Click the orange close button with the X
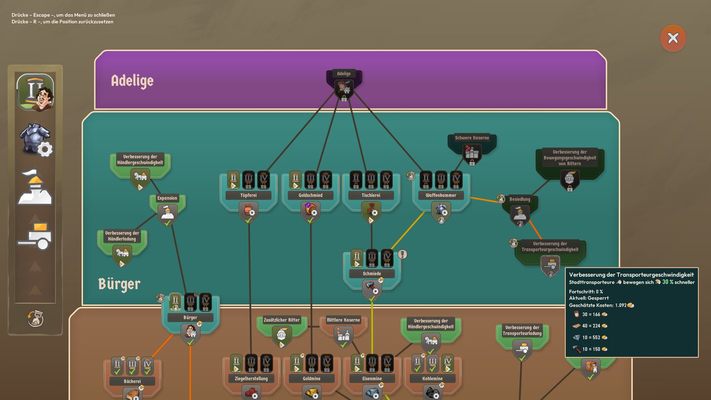[x=673, y=38]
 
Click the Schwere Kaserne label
[x=472, y=138]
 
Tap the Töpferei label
[x=248, y=195]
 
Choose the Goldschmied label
[x=311, y=195]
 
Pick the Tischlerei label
[x=371, y=195]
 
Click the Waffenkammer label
[x=441, y=195]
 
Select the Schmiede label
[x=372, y=274]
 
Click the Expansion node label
[x=167, y=199]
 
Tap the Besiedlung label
[x=520, y=200]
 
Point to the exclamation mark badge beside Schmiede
[x=403, y=254]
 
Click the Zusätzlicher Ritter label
[x=282, y=320]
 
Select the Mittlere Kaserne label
[x=344, y=320]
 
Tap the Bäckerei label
[x=133, y=381]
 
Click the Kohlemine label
[x=433, y=379]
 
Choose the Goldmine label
[x=312, y=379]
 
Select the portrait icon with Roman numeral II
[x=35, y=92]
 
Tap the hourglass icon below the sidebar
[x=35, y=319]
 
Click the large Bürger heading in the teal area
[x=119, y=284]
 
